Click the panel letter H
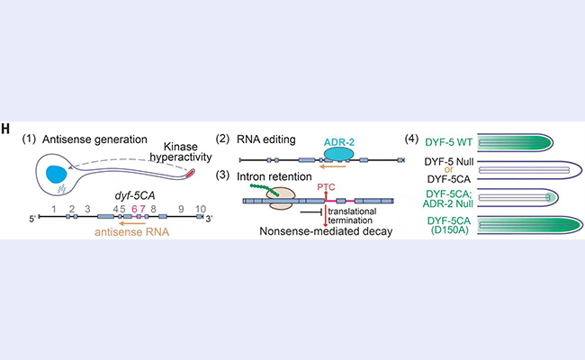tap(6, 130)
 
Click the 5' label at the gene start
tap(34, 219)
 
